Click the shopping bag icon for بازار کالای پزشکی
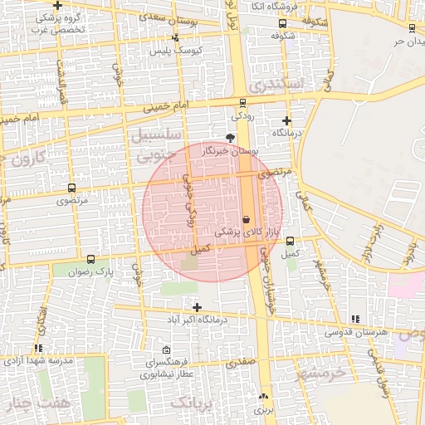[x=246, y=219]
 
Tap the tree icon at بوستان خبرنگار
[x=230, y=138]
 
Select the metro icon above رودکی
[x=242, y=103]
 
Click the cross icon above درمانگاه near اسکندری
[x=286, y=120]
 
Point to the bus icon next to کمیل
[x=290, y=241]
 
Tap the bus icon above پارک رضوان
[x=90, y=258]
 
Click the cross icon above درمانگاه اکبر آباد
[x=197, y=307]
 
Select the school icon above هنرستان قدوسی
[x=356, y=319]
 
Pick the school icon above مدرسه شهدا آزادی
[x=38, y=349]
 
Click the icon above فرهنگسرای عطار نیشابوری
[x=167, y=349]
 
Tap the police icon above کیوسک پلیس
[x=175, y=38]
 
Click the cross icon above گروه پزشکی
[x=58, y=5]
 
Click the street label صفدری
[x=242, y=362]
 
